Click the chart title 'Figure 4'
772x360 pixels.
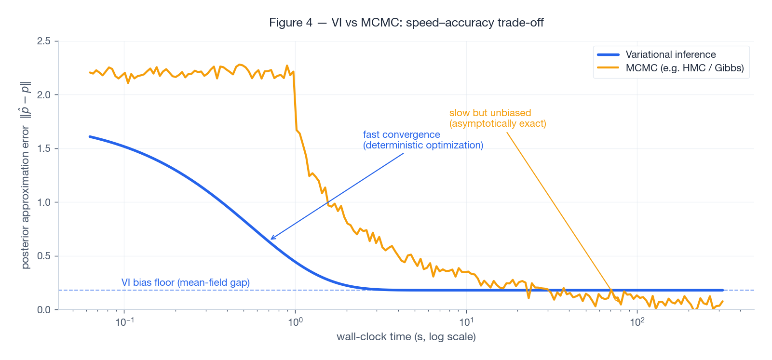pos(290,23)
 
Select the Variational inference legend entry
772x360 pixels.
pos(670,54)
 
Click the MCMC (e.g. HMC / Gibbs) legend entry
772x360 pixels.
pos(684,68)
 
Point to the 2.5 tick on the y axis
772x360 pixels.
pos(44,41)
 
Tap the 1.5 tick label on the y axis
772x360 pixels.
pos(44,148)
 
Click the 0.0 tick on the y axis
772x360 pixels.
pos(44,309)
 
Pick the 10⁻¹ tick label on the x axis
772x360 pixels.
pos(124,321)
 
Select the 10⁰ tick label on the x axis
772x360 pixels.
pos(295,321)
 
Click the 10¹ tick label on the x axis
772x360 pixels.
pos(466,321)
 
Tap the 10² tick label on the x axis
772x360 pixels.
pos(637,321)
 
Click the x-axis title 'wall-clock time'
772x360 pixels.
pos(406,337)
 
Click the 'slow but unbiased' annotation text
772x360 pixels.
pos(490,113)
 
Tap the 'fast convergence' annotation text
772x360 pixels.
pos(401,134)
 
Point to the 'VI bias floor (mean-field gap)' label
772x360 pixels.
pos(186,282)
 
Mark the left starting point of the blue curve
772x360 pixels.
pos(90,136)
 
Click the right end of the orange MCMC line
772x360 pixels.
pos(722,301)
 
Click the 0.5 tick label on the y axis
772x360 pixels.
pos(44,256)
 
